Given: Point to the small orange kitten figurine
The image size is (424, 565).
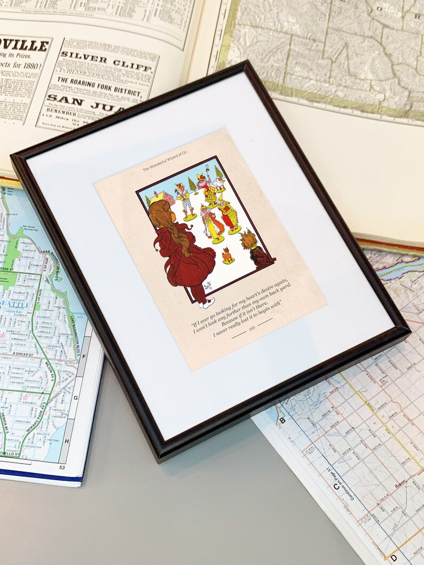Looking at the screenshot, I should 228,256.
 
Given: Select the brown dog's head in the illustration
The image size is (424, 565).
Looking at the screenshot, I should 248,241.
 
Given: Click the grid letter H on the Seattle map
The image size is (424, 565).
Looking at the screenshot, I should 66,441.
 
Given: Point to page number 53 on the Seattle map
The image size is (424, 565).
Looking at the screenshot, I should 61,468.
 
